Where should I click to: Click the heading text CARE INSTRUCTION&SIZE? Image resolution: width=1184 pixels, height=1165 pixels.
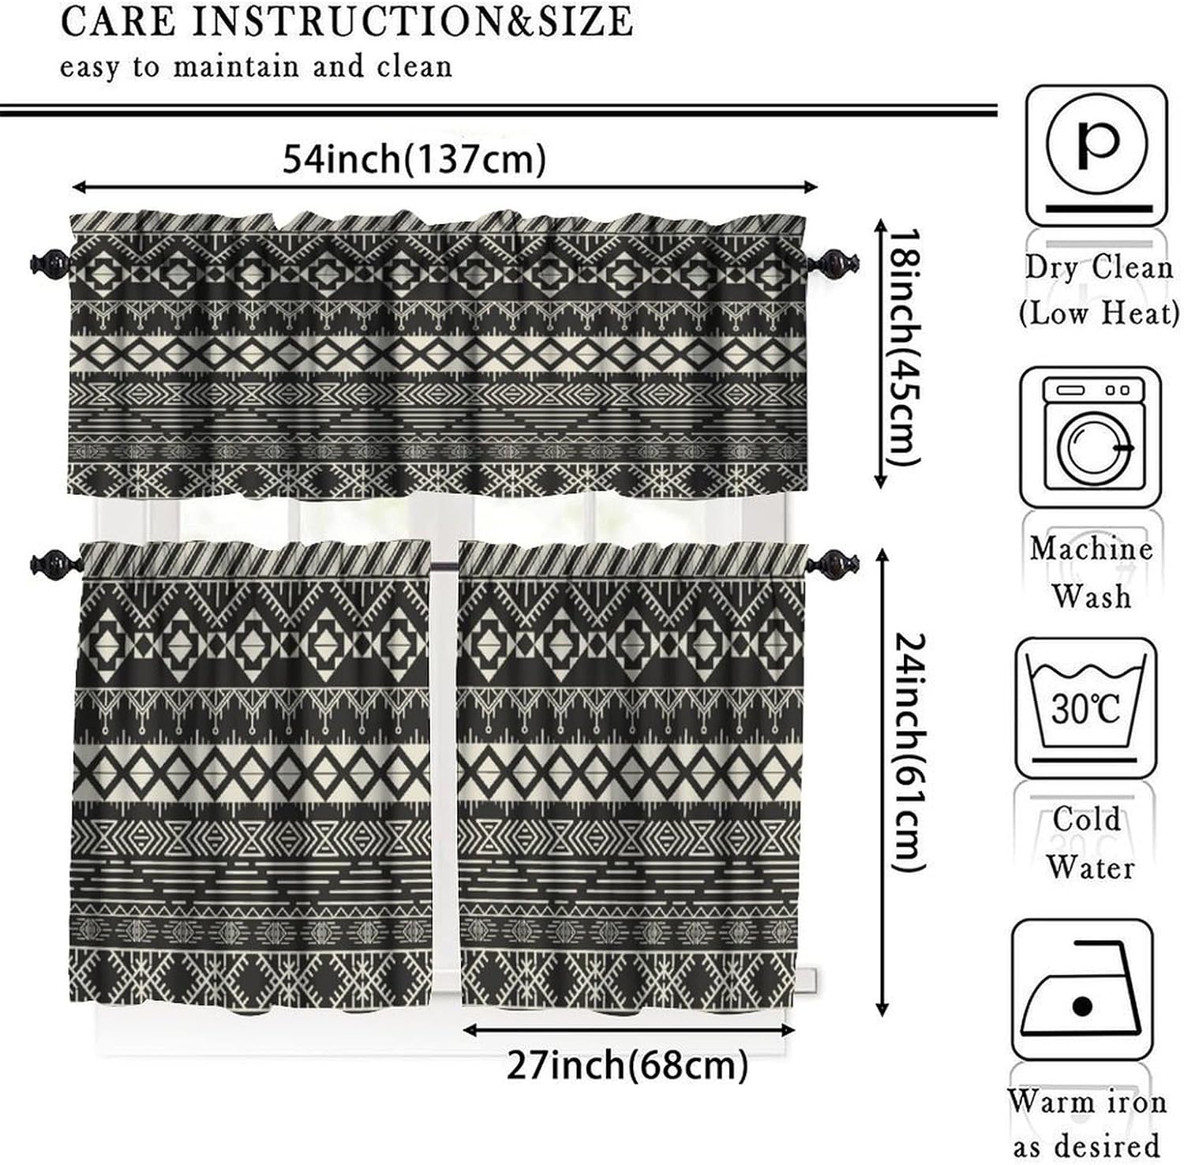coord(347,22)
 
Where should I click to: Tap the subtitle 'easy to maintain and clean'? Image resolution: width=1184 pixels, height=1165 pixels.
coord(257,66)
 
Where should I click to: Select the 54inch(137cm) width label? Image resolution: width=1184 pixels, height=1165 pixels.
coord(414,159)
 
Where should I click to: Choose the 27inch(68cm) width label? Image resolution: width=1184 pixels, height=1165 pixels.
coord(627,1066)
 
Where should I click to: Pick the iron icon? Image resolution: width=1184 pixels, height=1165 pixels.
coord(1082,990)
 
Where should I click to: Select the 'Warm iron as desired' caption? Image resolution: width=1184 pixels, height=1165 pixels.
coord(1087,1122)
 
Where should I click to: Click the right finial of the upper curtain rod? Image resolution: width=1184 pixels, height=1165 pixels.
coord(837,260)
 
